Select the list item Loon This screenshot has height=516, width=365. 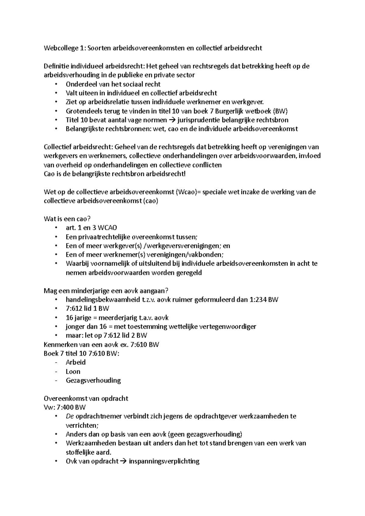click(73, 371)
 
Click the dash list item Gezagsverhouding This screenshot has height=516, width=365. click(93, 380)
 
